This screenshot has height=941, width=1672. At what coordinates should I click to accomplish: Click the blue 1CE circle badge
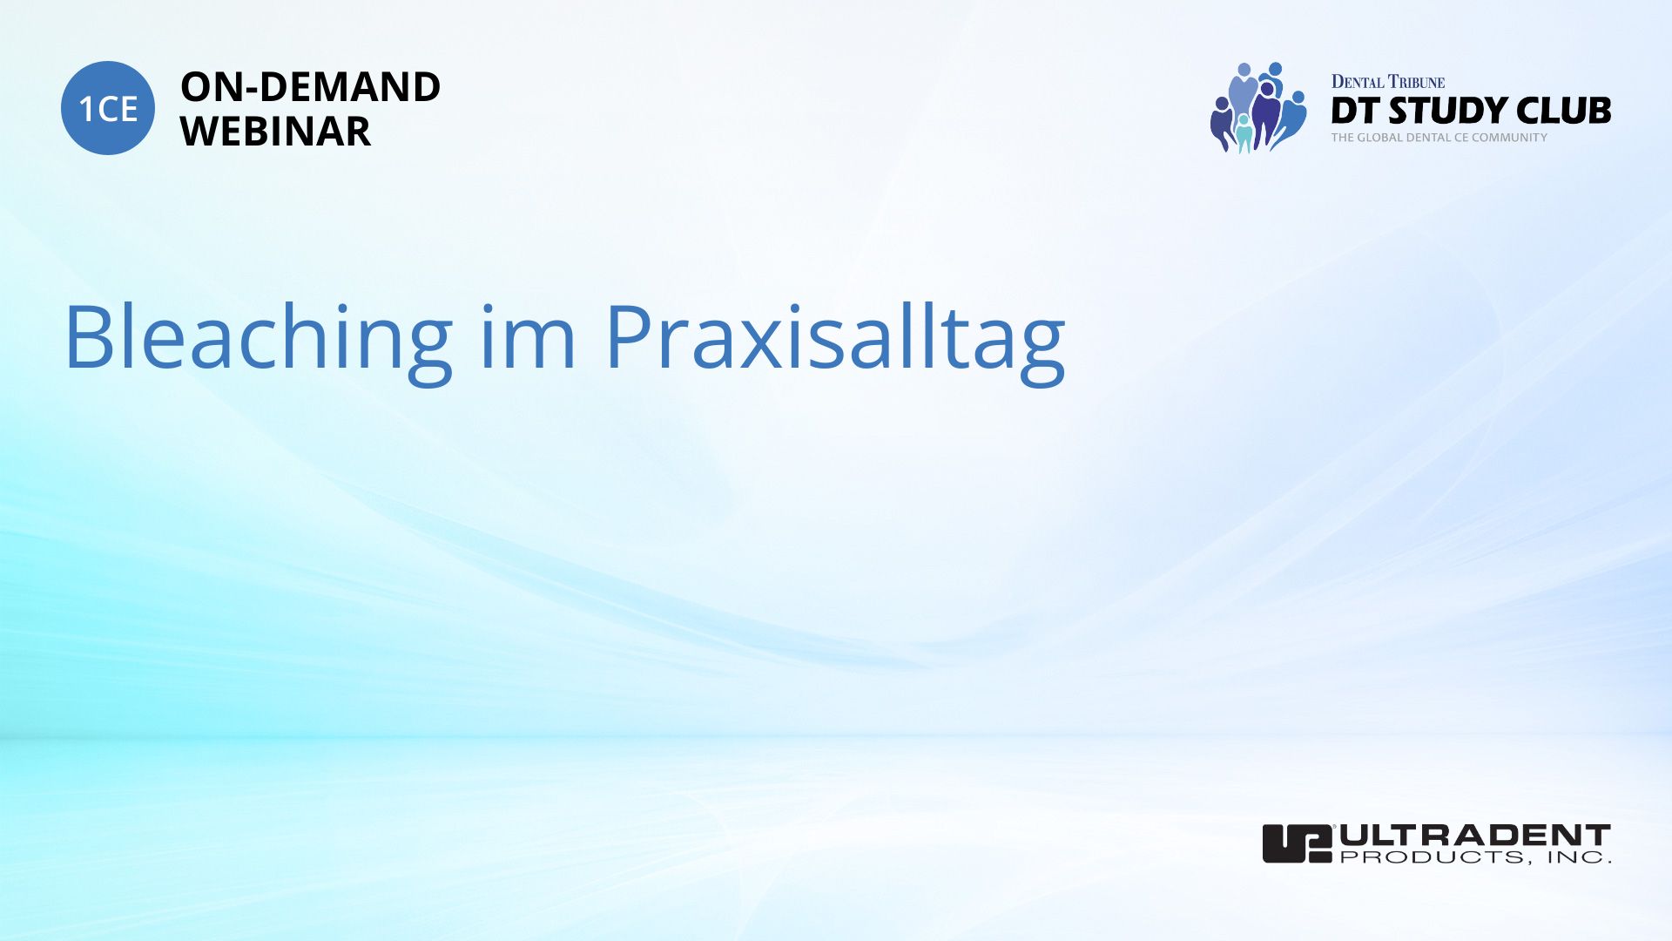click(108, 108)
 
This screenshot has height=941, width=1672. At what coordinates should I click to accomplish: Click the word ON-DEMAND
click(310, 87)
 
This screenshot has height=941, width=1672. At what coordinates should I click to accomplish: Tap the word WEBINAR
click(275, 132)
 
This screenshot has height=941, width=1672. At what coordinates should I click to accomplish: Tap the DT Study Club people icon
click(1257, 107)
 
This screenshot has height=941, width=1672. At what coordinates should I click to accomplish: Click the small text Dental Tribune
click(1387, 82)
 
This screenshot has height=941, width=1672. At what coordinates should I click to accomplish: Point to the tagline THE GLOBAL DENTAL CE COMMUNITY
click(1439, 138)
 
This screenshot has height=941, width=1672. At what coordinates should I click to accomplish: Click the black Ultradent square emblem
click(1298, 843)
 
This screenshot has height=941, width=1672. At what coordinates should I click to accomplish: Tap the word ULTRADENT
click(1475, 836)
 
